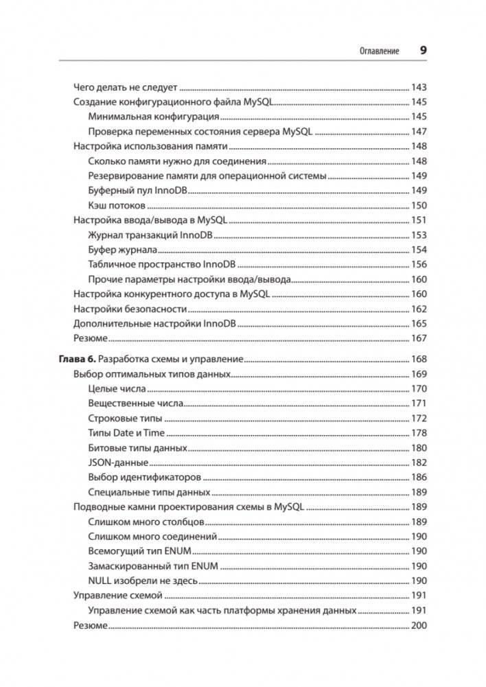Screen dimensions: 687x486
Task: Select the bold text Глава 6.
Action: [76, 359]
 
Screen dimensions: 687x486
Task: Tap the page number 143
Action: [418, 87]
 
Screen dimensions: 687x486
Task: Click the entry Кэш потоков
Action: [117, 205]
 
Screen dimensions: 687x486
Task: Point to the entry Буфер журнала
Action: [123, 250]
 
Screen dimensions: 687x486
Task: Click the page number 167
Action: [418, 338]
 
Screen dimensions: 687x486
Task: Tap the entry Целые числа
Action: [116, 388]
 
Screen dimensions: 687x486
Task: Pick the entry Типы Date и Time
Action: [127, 433]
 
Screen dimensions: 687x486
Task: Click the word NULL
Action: [100, 581]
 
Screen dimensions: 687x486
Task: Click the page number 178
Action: [418, 433]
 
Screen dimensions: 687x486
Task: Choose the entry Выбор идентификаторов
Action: [144, 477]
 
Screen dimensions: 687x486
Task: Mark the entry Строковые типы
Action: [125, 418]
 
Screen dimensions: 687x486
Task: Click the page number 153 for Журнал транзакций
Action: [418, 235]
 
